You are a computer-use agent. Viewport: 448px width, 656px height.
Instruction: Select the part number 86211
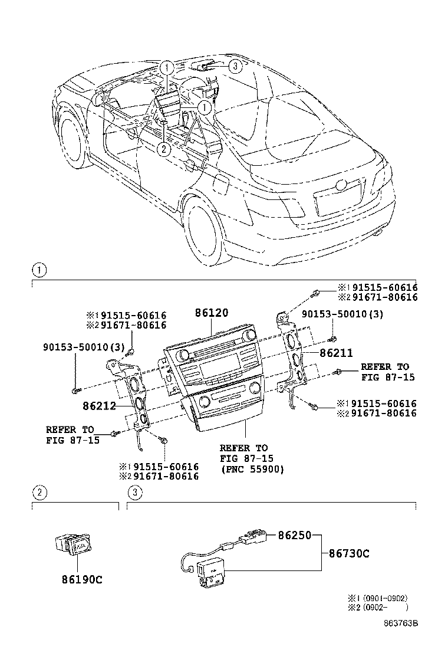pyautogui.click(x=336, y=353)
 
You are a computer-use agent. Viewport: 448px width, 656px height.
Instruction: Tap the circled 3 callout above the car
pyautogui.click(x=235, y=66)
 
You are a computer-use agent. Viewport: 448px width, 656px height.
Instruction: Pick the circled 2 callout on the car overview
pyautogui.click(x=164, y=149)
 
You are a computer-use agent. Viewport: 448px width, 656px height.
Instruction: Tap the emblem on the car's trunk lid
pyautogui.click(x=341, y=185)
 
